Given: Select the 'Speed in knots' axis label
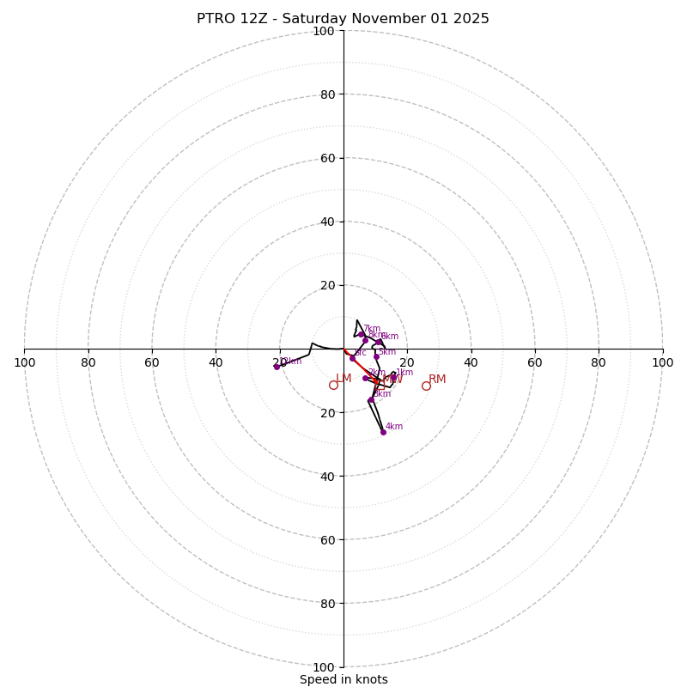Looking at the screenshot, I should [x=343, y=679].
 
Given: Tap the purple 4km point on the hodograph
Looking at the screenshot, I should [x=383, y=432].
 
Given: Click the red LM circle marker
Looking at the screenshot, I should [x=333, y=385].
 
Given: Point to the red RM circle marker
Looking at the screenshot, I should [x=426, y=386].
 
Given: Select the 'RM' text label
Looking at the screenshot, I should [x=437, y=379].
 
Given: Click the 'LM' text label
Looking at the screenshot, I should [x=343, y=378].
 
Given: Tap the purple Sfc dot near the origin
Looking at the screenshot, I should [x=352, y=358].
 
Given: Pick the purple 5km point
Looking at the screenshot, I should [x=376, y=356].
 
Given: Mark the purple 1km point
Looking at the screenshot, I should [x=393, y=378].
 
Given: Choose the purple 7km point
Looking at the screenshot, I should [x=362, y=334].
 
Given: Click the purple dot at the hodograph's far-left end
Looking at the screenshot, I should [x=277, y=367].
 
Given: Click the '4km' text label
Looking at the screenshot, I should [x=393, y=426].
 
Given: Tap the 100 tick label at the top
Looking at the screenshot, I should [x=323, y=31].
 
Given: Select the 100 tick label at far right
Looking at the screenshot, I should [x=662, y=362].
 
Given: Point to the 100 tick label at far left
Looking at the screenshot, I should [x=24, y=362].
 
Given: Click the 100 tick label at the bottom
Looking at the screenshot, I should [x=323, y=666].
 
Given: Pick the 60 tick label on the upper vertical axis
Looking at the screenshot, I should [x=326, y=158].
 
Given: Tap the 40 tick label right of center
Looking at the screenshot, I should [x=471, y=362].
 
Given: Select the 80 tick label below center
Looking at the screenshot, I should [x=326, y=603].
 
